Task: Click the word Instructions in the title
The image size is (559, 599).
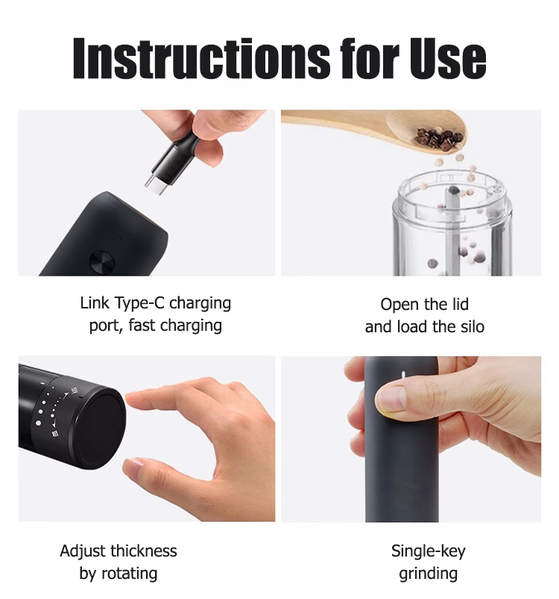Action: tap(201, 58)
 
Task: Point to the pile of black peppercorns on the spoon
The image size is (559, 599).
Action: tap(440, 137)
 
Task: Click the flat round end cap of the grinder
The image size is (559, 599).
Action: tap(101, 423)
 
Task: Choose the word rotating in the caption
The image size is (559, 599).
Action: tap(129, 574)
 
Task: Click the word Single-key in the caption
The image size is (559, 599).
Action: tap(429, 551)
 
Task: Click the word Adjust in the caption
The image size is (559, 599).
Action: tap(83, 551)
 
